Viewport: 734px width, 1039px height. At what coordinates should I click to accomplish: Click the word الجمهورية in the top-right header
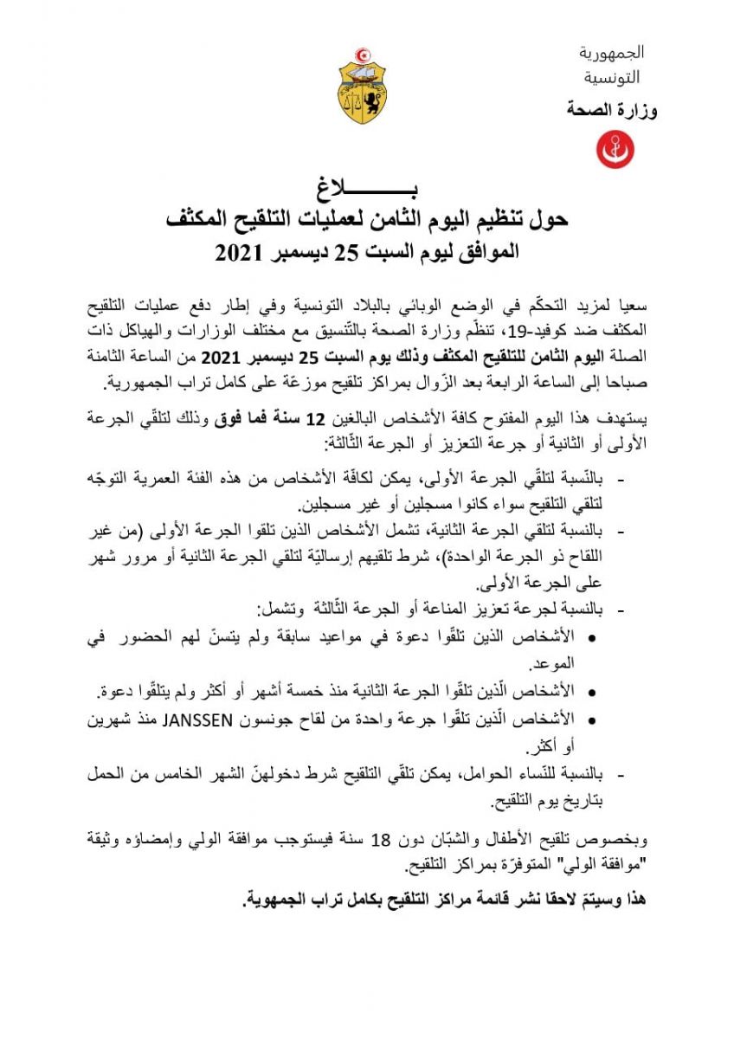click(x=612, y=53)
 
